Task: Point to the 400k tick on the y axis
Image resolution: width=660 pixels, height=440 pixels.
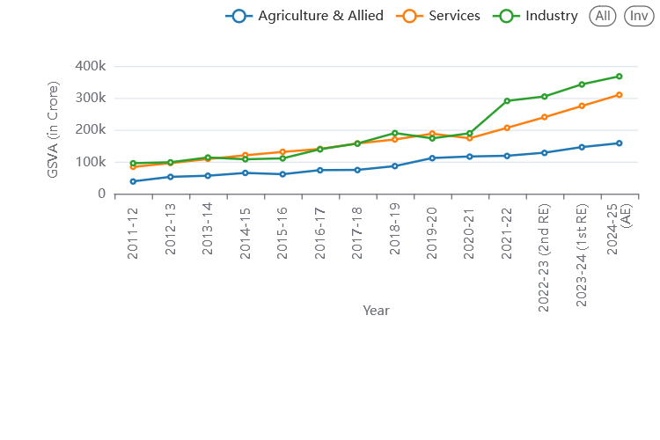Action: click(91, 66)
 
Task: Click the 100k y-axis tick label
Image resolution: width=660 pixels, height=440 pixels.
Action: click(91, 162)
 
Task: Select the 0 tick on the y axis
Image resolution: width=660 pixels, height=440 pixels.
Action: click(102, 194)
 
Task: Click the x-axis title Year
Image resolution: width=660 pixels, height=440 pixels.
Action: click(376, 310)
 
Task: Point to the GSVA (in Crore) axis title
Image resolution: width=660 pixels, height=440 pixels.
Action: click(54, 129)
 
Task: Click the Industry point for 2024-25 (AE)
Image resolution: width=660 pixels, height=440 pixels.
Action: click(620, 77)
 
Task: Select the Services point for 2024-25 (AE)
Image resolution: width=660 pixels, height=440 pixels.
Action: click(620, 95)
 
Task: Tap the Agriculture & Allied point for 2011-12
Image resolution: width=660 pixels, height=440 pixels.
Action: click(133, 181)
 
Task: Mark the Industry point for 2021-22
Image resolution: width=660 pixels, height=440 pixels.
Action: click(507, 100)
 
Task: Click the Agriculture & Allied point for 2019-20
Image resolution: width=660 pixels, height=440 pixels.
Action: click(432, 158)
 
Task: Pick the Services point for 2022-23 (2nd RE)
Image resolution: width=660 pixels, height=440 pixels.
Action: click(545, 117)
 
